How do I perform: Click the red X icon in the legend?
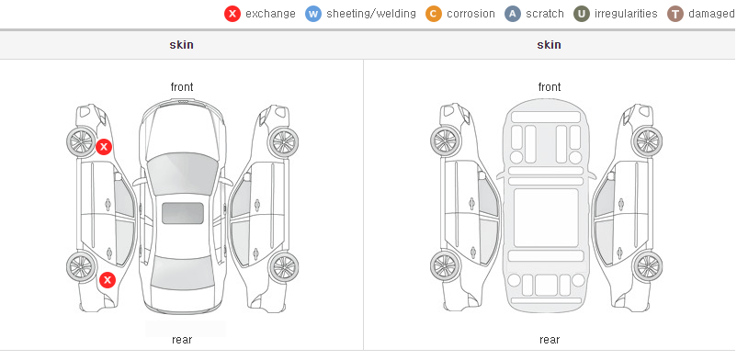232,14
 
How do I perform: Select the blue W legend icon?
313,14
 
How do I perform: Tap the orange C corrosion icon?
434,14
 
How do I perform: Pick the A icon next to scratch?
513,14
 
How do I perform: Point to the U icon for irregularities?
582,14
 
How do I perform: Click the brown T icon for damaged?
675,14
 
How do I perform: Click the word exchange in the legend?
270,14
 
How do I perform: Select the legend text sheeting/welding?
371,14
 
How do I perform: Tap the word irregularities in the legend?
626,14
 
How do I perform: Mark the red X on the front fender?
104,147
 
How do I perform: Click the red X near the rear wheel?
108,281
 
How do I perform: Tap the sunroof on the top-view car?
183,213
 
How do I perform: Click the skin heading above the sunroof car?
181,45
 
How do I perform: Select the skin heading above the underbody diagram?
549,45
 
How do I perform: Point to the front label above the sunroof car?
182,87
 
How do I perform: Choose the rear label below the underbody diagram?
550,340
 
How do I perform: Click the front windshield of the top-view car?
182,173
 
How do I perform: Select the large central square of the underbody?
546,218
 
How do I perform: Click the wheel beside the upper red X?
81,141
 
